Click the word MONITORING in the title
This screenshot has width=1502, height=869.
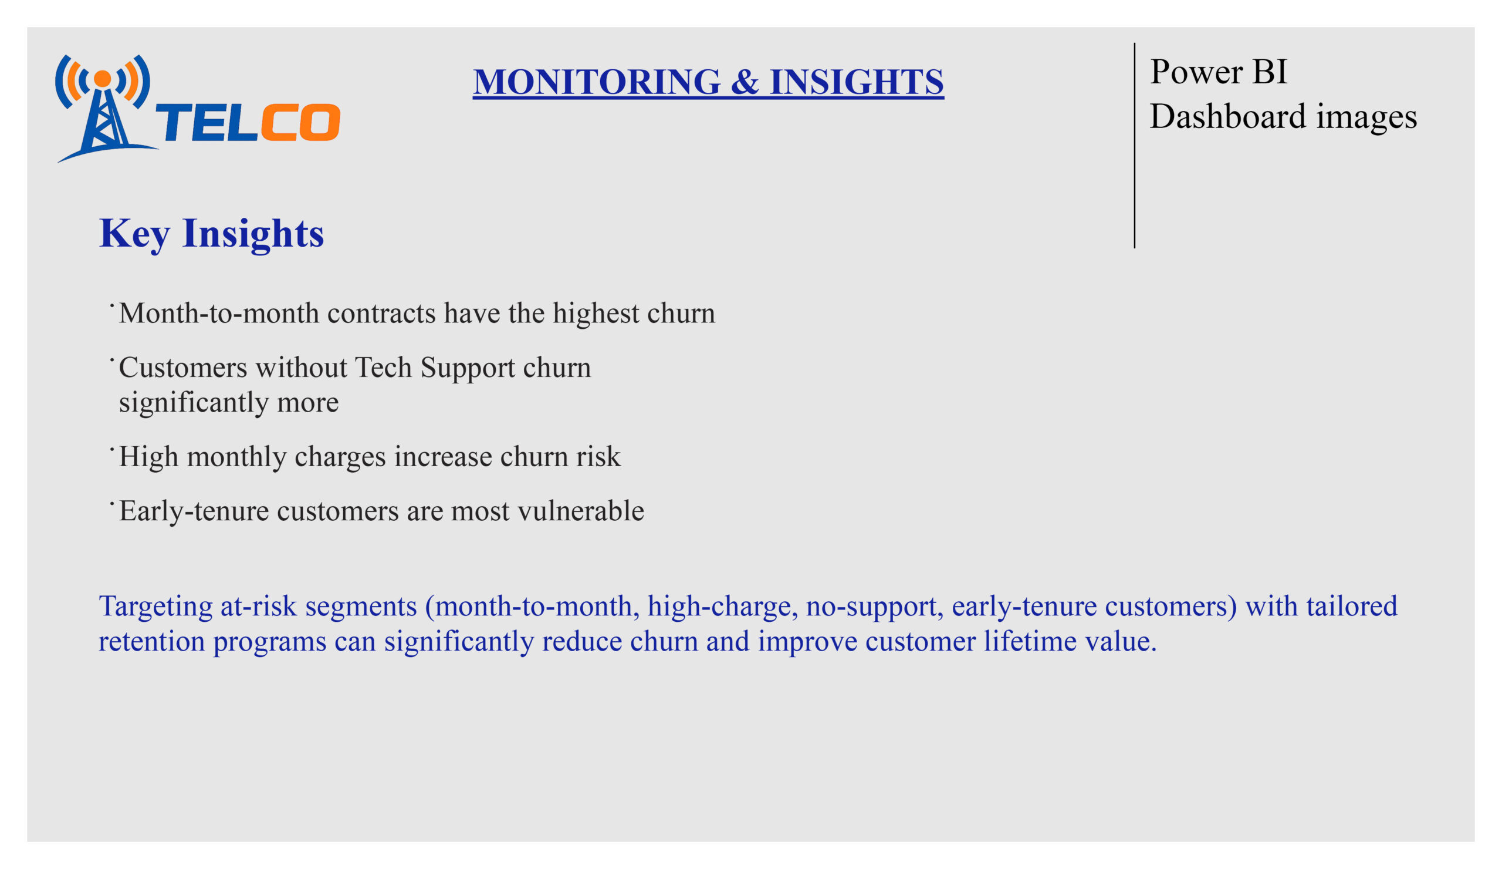tap(597, 82)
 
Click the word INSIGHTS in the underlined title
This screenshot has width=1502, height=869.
tap(856, 82)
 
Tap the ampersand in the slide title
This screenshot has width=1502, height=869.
tap(745, 82)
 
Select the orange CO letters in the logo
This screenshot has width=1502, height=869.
tap(300, 123)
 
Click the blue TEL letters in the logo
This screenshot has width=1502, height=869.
tap(206, 123)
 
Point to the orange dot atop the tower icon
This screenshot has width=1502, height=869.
tap(103, 79)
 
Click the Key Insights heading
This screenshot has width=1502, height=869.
tap(212, 233)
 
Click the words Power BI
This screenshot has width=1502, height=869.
tap(1218, 72)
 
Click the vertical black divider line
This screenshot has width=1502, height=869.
tap(1134, 146)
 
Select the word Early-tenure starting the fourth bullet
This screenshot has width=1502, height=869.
tap(194, 511)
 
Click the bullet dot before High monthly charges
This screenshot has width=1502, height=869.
tap(111, 449)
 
